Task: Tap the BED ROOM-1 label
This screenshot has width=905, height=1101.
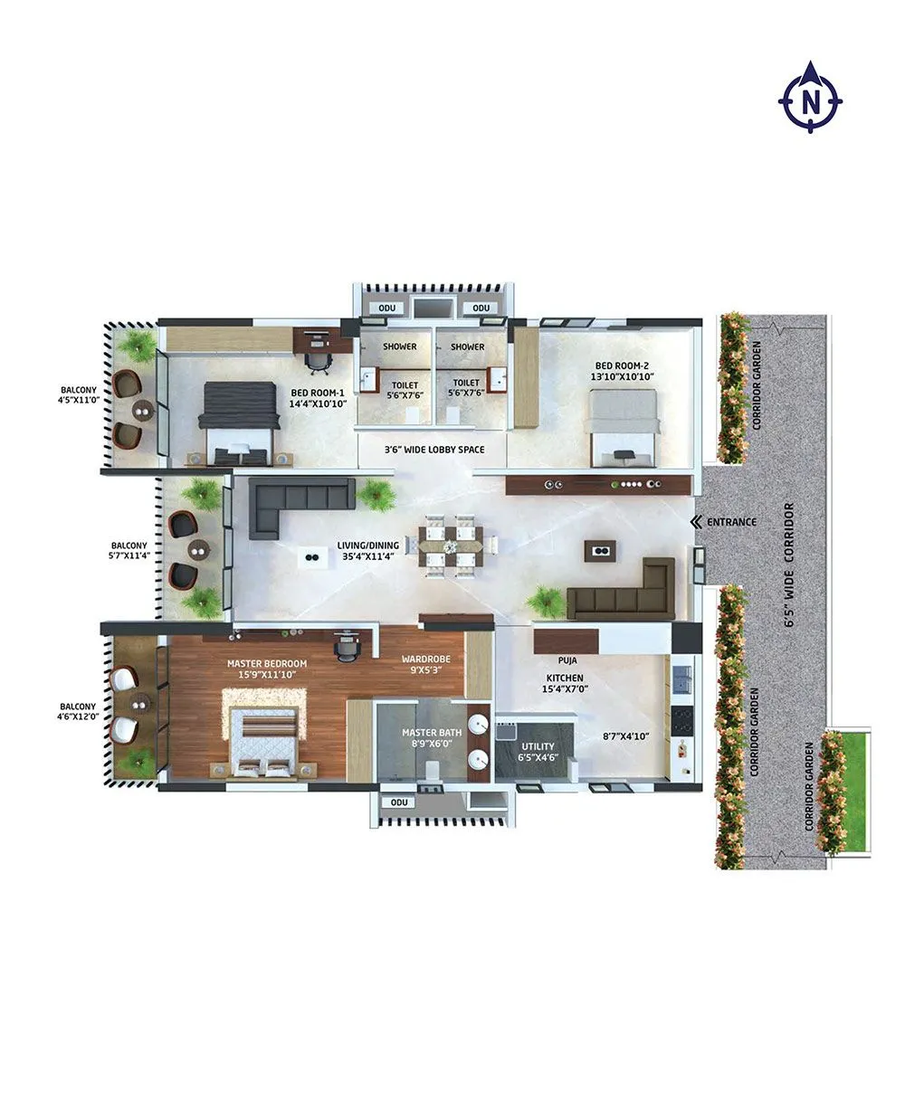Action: [318, 393]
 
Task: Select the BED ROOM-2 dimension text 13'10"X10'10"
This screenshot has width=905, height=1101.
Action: [622, 375]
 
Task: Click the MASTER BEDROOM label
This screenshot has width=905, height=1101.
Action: [267, 663]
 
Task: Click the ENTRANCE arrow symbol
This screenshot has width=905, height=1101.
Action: [695, 522]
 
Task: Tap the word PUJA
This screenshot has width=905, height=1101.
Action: [567, 661]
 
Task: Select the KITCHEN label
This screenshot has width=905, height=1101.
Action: [564, 678]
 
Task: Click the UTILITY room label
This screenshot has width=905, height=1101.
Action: [538, 746]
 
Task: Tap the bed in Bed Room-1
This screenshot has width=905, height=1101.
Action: [238, 422]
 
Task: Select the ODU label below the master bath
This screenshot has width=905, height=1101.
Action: [396, 802]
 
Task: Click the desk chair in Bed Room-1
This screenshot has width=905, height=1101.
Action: [317, 361]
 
